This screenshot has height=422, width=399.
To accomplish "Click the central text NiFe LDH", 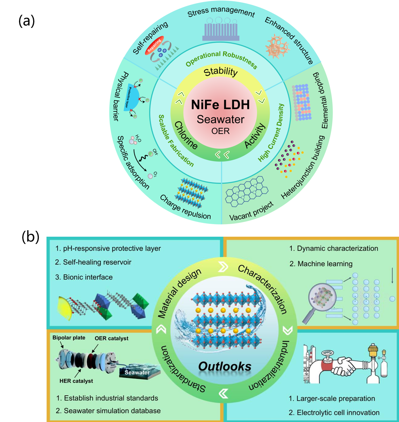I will (x=221, y=106).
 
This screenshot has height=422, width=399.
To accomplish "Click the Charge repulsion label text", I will (x=186, y=207).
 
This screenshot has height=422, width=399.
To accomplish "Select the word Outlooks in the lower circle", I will (x=225, y=367).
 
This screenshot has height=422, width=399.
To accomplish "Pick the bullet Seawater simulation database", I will (x=108, y=411).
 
